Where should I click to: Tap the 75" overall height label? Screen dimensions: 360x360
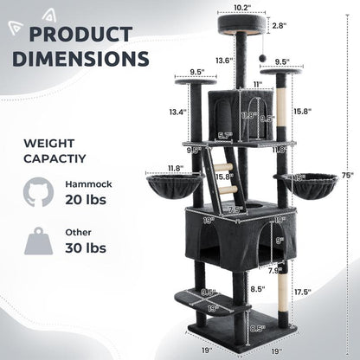click(x=346, y=173)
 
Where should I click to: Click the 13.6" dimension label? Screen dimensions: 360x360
click(x=224, y=61)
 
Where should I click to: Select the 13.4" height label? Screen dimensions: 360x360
click(x=177, y=112)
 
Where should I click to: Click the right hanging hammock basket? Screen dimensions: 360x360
click(x=305, y=183)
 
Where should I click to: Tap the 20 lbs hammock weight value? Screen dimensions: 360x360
click(x=84, y=201)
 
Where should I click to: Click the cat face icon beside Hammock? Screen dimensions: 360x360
click(x=38, y=192)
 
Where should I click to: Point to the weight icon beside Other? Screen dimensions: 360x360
click(x=38, y=241)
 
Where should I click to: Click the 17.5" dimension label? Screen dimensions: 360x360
click(x=325, y=292)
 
